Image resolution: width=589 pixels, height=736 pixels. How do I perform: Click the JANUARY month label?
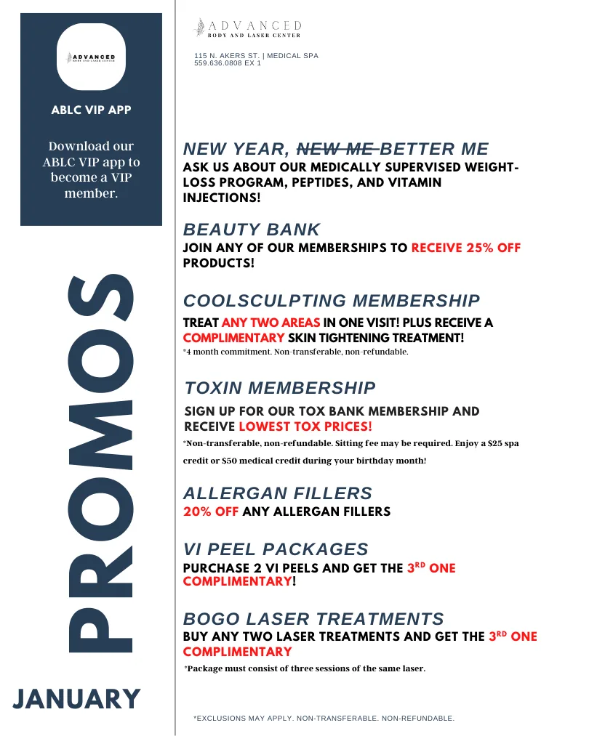(77, 699)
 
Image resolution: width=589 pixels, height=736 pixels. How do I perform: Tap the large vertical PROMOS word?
(100, 463)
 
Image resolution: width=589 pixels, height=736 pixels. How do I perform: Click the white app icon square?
(91, 57)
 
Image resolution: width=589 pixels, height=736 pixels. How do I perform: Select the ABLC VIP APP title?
(91, 110)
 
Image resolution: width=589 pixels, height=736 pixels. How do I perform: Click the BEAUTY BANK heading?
(251, 230)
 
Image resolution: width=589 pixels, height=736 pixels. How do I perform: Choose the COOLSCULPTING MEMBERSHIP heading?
(332, 301)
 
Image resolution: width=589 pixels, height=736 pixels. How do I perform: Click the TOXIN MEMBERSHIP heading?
(280, 388)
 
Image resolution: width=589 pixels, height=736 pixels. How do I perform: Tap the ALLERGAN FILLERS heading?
(278, 494)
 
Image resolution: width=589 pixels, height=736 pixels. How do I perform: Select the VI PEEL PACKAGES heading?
(276, 549)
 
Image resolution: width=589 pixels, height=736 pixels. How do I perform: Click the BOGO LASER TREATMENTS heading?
(313, 619)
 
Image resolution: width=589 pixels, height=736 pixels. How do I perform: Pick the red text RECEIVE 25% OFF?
(466, 248)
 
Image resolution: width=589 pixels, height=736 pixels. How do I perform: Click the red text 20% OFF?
(211, 511)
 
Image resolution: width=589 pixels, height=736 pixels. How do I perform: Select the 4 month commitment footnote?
(295, 352)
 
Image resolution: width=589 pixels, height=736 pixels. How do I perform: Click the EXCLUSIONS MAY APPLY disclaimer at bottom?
(324, 719)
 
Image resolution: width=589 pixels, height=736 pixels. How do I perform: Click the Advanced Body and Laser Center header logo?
(247, 28)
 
